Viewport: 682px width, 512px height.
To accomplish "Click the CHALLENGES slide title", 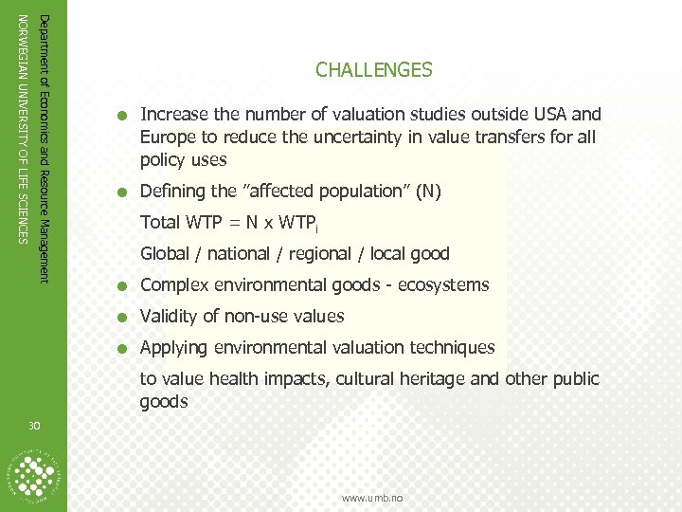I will point(374,70).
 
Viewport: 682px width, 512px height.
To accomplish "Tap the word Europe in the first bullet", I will point(167,137).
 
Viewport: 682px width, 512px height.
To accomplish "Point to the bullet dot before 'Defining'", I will point(123,192).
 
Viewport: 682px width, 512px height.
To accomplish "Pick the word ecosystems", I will point(444,285).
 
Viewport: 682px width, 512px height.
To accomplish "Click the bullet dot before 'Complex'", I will point(123,285).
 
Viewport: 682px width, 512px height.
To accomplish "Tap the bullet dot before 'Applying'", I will point(123,349).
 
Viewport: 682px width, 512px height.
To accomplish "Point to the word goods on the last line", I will point(164,401).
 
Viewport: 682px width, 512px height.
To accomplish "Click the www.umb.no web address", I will point(372,498).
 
